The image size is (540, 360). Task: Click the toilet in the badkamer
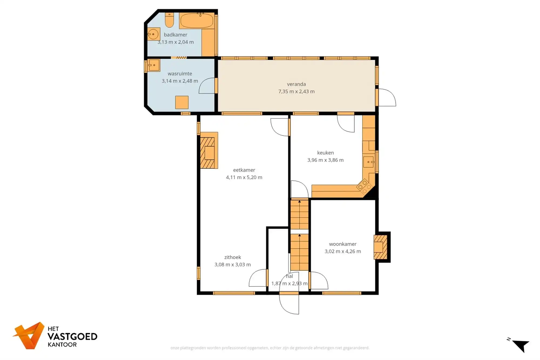click(x=169, y=20)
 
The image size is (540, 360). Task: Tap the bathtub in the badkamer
click(x=197, y=21)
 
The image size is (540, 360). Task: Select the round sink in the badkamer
click(x=153, y=34)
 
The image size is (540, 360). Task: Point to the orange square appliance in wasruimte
click(x=182, y=102)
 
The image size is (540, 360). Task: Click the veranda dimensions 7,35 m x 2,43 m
click(x=296, y=91)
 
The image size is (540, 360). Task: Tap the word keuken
click(x=325, y=153)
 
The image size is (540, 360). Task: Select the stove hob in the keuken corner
click(x=364, y=186)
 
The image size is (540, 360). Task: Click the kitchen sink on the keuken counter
click(x=369, y=162)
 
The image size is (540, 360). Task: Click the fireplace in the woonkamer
click(x=380, y=247)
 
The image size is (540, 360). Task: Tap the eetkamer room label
click(x=244, y=170)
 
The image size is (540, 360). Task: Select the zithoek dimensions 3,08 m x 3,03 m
click(x=232, y=265)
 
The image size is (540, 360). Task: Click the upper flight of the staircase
click(x=299, y=214)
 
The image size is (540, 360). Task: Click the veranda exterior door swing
click(x=387, y=97)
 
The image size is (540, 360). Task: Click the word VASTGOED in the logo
click(x=72, y=337)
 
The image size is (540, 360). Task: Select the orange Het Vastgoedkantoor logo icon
click(x=29, y=335)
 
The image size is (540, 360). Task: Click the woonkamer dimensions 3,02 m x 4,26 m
click(x=342, y=252)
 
